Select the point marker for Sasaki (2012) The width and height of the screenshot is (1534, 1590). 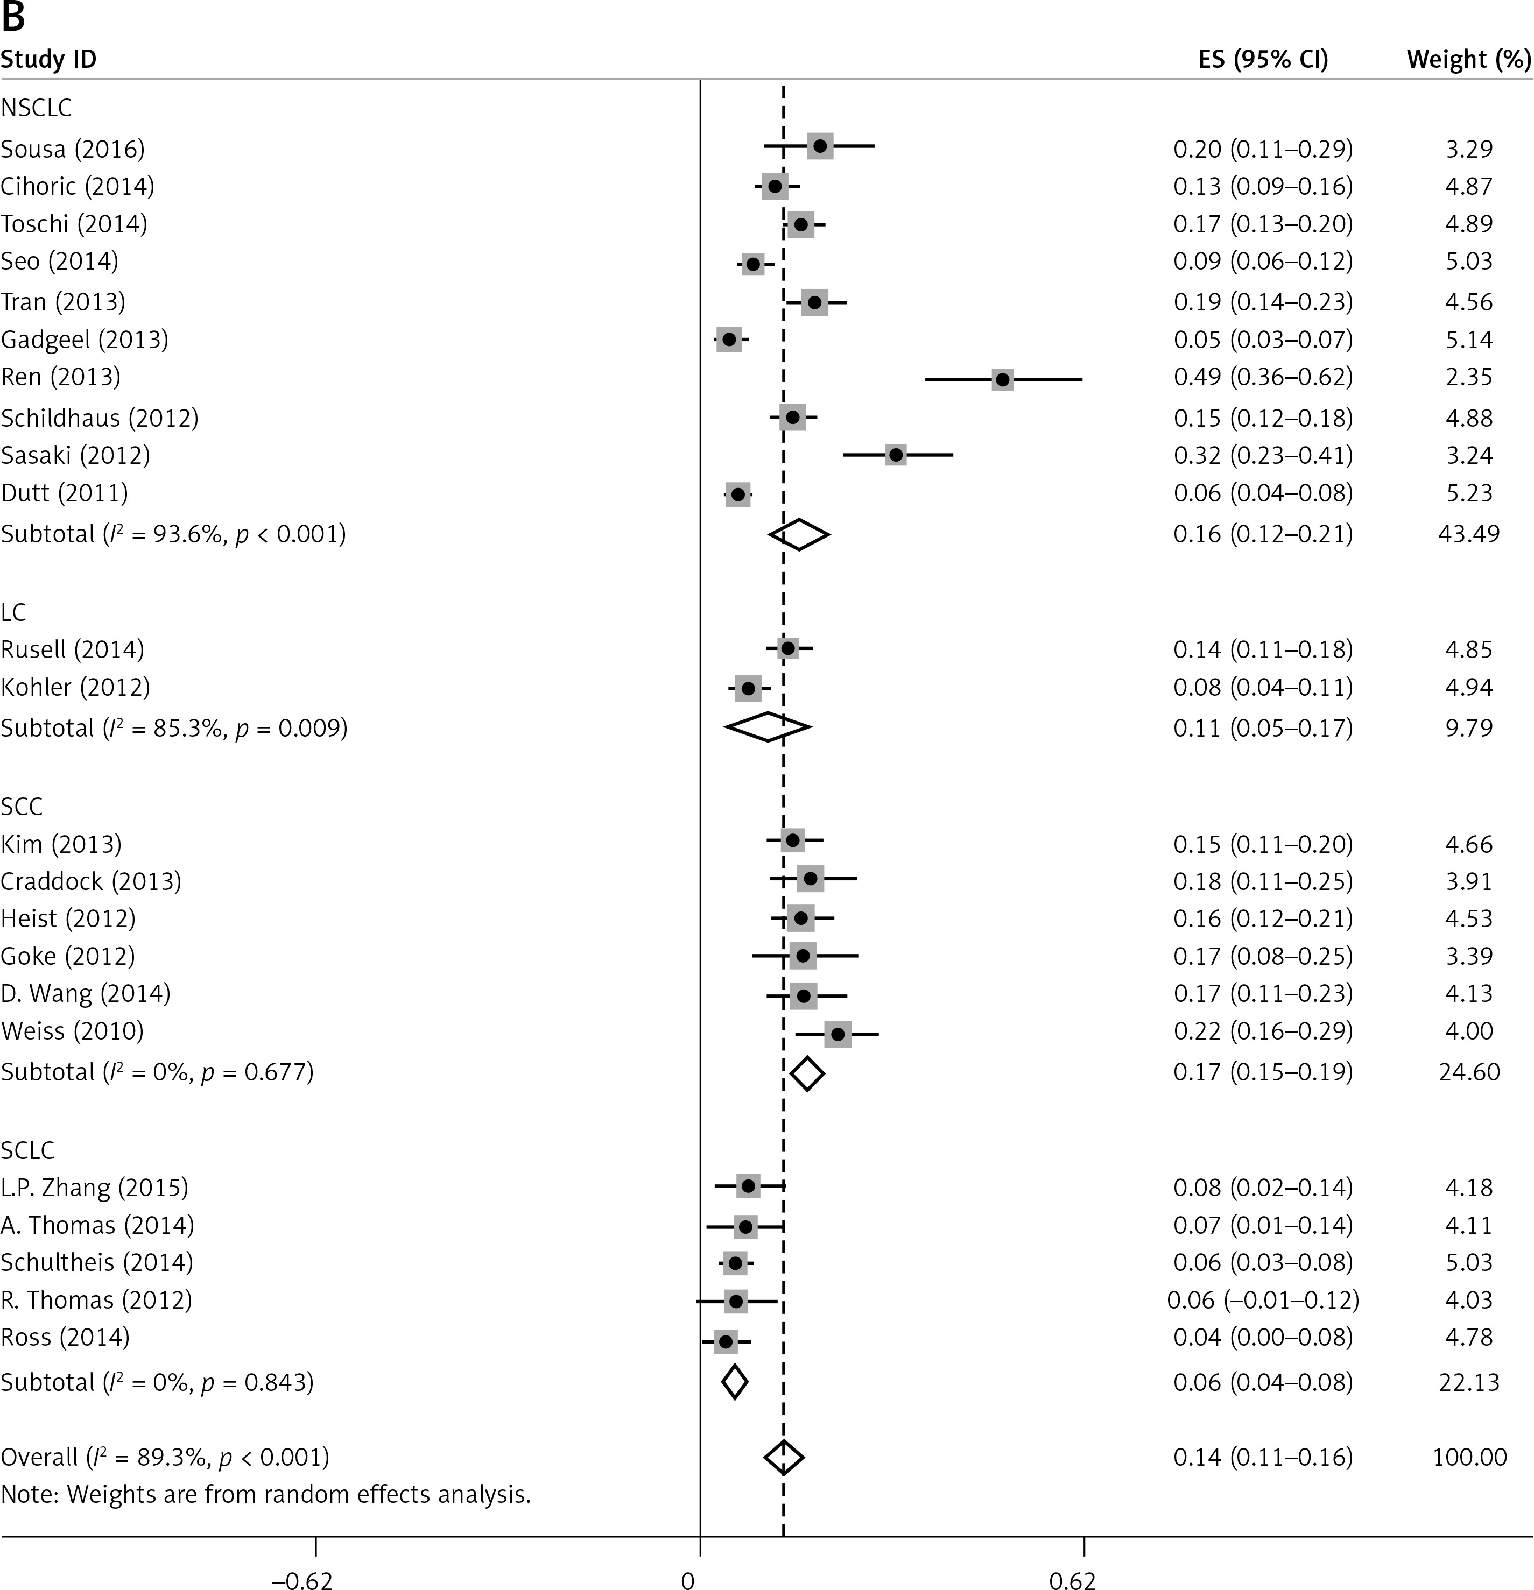click(895, 455)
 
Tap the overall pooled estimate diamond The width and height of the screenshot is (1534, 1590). click(783, 1458)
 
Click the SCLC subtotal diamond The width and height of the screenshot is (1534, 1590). click(735, 1382)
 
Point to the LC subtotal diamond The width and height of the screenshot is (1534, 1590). click(767, 727)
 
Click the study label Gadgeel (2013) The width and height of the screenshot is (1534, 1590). click(85, 339)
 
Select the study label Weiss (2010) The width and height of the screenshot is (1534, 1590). click(72, 1031)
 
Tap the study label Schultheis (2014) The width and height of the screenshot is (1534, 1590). click(96, 1262)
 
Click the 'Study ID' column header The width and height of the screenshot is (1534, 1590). click(48, 59)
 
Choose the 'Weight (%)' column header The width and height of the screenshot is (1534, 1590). click(1468, 59)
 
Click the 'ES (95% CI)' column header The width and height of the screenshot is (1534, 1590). click(1263, 59)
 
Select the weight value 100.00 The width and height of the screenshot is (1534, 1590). click(1469, 1458)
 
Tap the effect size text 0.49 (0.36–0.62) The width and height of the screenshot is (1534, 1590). click(1263, 377)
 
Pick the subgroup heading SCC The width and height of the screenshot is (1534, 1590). click(22, 807)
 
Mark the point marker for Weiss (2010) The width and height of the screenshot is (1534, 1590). click(838, 1034)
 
